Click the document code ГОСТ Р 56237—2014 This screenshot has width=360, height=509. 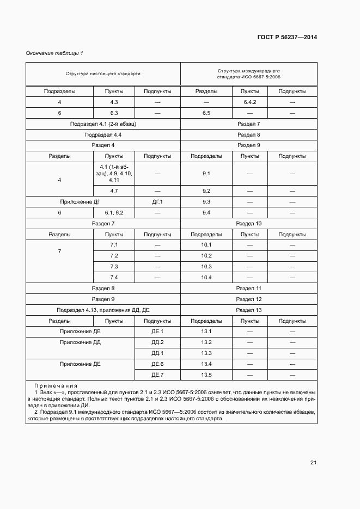click(287, 37)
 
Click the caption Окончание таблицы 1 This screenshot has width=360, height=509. click(54, 53)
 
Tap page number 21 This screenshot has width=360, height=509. click(313, 463)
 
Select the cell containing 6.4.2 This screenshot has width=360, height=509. click(250, 102)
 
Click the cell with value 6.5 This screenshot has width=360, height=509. click(206, 113)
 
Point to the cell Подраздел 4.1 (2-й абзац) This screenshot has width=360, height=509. click(103, 124)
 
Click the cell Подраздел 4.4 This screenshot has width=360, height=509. click(103, 134)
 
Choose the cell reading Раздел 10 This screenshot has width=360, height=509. click(248, 223)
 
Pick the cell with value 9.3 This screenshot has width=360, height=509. click(206, 201)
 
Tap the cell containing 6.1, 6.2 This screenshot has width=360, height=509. click(114, 212)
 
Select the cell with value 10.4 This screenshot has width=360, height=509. click(206, 278)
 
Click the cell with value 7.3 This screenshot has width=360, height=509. click(114, 267)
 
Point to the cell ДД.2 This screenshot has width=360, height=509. click(157, 342)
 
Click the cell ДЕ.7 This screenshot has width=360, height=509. click(157, 375)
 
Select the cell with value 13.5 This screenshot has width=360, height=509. click(206, 375)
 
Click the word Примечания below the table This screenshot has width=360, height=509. click(56, 385)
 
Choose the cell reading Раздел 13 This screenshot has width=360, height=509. click(248, 310)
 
